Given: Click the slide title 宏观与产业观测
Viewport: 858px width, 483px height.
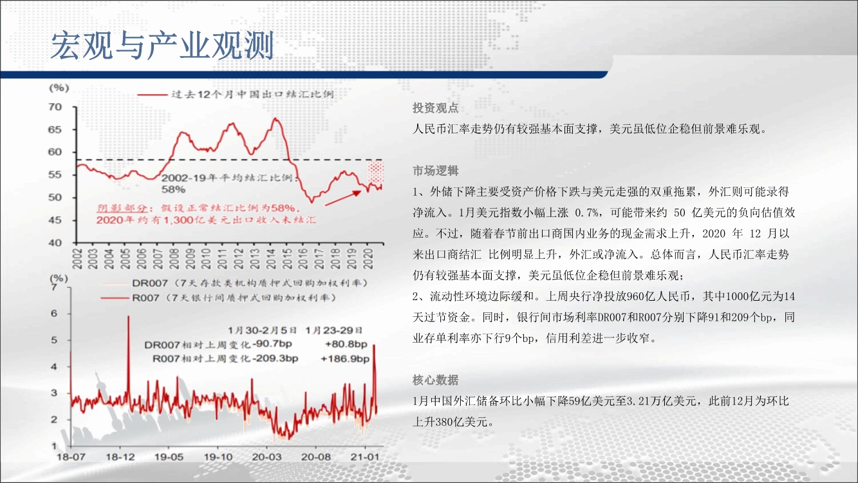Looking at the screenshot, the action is tap(162, 46).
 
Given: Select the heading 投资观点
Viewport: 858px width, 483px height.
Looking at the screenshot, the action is tap(436, 108).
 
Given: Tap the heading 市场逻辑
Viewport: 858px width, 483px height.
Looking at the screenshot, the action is tap(436, 171).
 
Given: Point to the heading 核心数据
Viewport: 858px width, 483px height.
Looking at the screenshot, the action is tap(436, 380).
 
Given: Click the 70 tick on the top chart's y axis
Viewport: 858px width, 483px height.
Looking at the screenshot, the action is tap(55, 107).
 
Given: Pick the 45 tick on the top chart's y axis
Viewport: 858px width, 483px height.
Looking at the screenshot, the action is tap(55, 220).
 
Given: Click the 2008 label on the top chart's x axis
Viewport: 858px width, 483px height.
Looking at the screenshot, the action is tap(174, 259).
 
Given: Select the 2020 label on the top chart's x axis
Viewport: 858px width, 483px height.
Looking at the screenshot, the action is tap(368, 259).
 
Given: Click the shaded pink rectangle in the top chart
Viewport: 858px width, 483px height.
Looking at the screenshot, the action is tap(376, 173).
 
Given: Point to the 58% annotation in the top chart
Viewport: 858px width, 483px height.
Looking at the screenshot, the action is tap(174, 189).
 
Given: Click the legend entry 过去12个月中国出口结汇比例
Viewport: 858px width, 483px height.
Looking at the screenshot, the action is tap(235, 94).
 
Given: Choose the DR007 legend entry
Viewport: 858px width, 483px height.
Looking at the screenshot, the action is tap(234, 283).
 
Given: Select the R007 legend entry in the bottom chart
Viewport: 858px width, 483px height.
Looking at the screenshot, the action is tap(218, 298).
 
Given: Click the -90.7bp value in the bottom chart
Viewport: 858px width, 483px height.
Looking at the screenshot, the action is tap(272, 344).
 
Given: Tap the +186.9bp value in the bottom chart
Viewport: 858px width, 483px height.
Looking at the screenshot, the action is tap(345, 359).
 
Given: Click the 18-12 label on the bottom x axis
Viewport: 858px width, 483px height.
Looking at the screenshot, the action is tap(120, 457).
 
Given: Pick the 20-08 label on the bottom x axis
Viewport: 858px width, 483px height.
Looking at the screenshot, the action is tap(315, 457).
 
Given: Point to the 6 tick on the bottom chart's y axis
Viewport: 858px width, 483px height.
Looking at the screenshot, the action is tap(54, 314).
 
